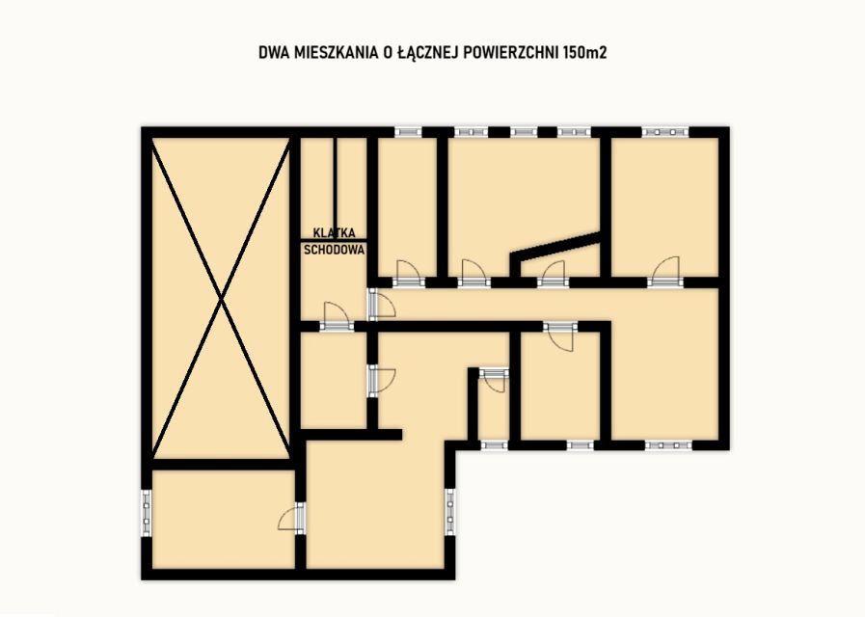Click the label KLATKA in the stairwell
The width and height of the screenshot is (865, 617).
(335, 232)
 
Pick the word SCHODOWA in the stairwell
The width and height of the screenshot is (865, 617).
(335, 250)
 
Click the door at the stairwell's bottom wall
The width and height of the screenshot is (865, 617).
(337, 317)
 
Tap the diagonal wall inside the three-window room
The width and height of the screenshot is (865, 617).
(555, 248)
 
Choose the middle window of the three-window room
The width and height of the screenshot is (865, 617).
(523, 132)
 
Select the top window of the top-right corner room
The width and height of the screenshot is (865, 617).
(665, 132)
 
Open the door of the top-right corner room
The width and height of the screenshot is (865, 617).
(664, 273)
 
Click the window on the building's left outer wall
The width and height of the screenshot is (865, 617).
(147, 513)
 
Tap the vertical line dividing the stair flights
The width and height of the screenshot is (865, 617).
(336, 182)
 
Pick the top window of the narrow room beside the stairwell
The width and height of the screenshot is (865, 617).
(408, 132)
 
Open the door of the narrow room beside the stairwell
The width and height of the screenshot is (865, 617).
(409, 274)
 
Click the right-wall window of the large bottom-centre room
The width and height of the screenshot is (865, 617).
(450, 511)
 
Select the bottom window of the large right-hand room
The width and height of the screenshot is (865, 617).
(668, 445)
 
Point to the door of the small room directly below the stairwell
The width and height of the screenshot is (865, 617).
(381, 381)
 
